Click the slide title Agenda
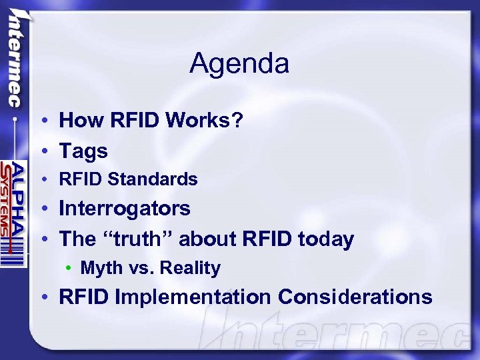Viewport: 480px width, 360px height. coord(239,64)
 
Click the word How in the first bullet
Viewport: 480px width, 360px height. coord(77,121)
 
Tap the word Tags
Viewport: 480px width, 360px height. coord(83,151)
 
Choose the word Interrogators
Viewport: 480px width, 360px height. coord(125,209)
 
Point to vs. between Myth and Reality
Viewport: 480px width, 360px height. coord(139,268)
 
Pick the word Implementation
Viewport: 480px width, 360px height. coord(193,297)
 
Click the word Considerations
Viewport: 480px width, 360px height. coord(355,297)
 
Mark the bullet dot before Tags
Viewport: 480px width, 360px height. coord(41,152)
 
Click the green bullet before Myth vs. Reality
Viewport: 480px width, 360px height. coord(69,269)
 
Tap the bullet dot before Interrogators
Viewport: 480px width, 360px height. coord(41,209)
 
